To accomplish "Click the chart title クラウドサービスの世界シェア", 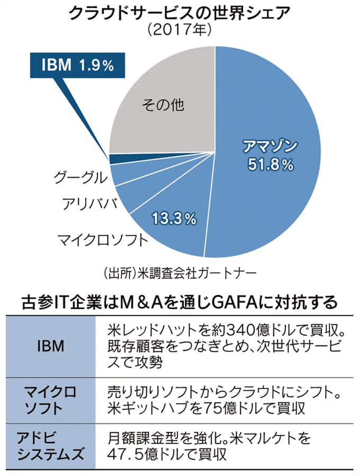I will tap(179, 13).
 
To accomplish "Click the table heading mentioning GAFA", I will tap(179, 303).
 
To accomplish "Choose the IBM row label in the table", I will tap(51, 347).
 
